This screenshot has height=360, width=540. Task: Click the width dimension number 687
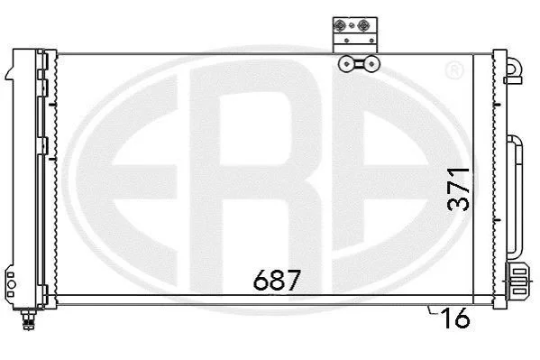[277, 280]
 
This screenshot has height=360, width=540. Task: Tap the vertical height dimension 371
[458, 189]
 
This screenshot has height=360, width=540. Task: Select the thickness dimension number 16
[456, 318]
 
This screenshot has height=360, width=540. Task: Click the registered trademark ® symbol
[454, 70]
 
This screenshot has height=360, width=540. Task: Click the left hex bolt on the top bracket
[340, 25]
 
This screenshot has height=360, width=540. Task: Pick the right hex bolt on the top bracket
[363, 25]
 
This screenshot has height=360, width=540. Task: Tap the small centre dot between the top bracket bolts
[352, 25]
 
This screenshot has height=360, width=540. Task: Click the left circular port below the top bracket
[345, 64]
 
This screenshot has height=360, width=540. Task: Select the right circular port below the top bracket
[371, 64]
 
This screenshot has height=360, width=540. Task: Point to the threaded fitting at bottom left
[29, 319]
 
